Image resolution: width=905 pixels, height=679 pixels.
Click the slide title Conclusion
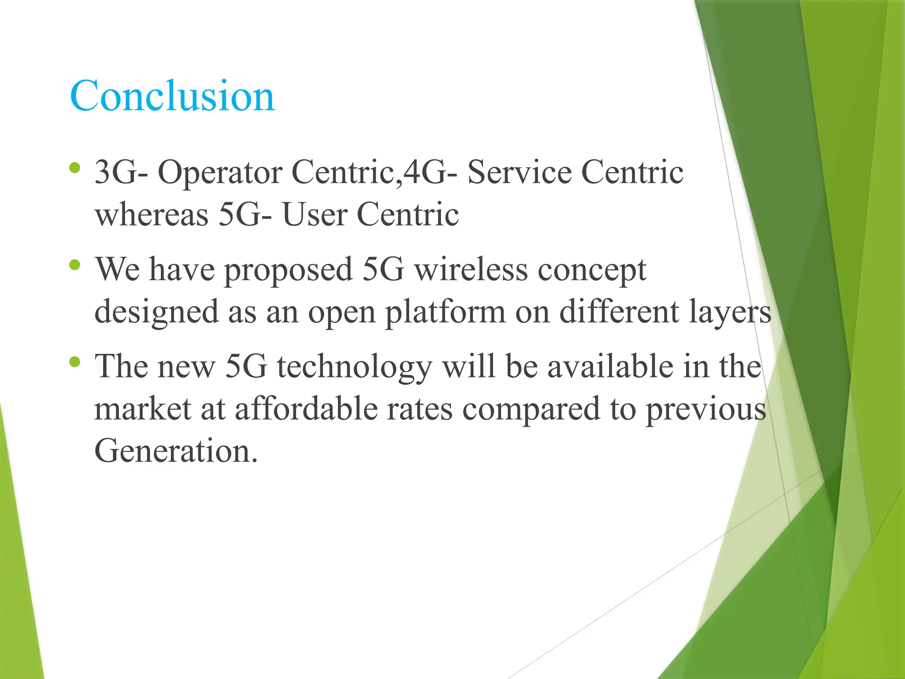coord(172,95)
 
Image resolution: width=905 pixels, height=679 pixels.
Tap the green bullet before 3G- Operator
coord(75,168)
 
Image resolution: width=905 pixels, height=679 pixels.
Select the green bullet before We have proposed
coord(75,265)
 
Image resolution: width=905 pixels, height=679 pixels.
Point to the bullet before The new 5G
coord(75,362)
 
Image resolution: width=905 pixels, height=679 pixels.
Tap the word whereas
coord(152,215)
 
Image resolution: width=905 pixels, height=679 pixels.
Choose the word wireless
coord(471,270)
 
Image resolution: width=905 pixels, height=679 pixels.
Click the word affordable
coord(305,408)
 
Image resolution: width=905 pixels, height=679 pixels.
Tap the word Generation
coord(176,451)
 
